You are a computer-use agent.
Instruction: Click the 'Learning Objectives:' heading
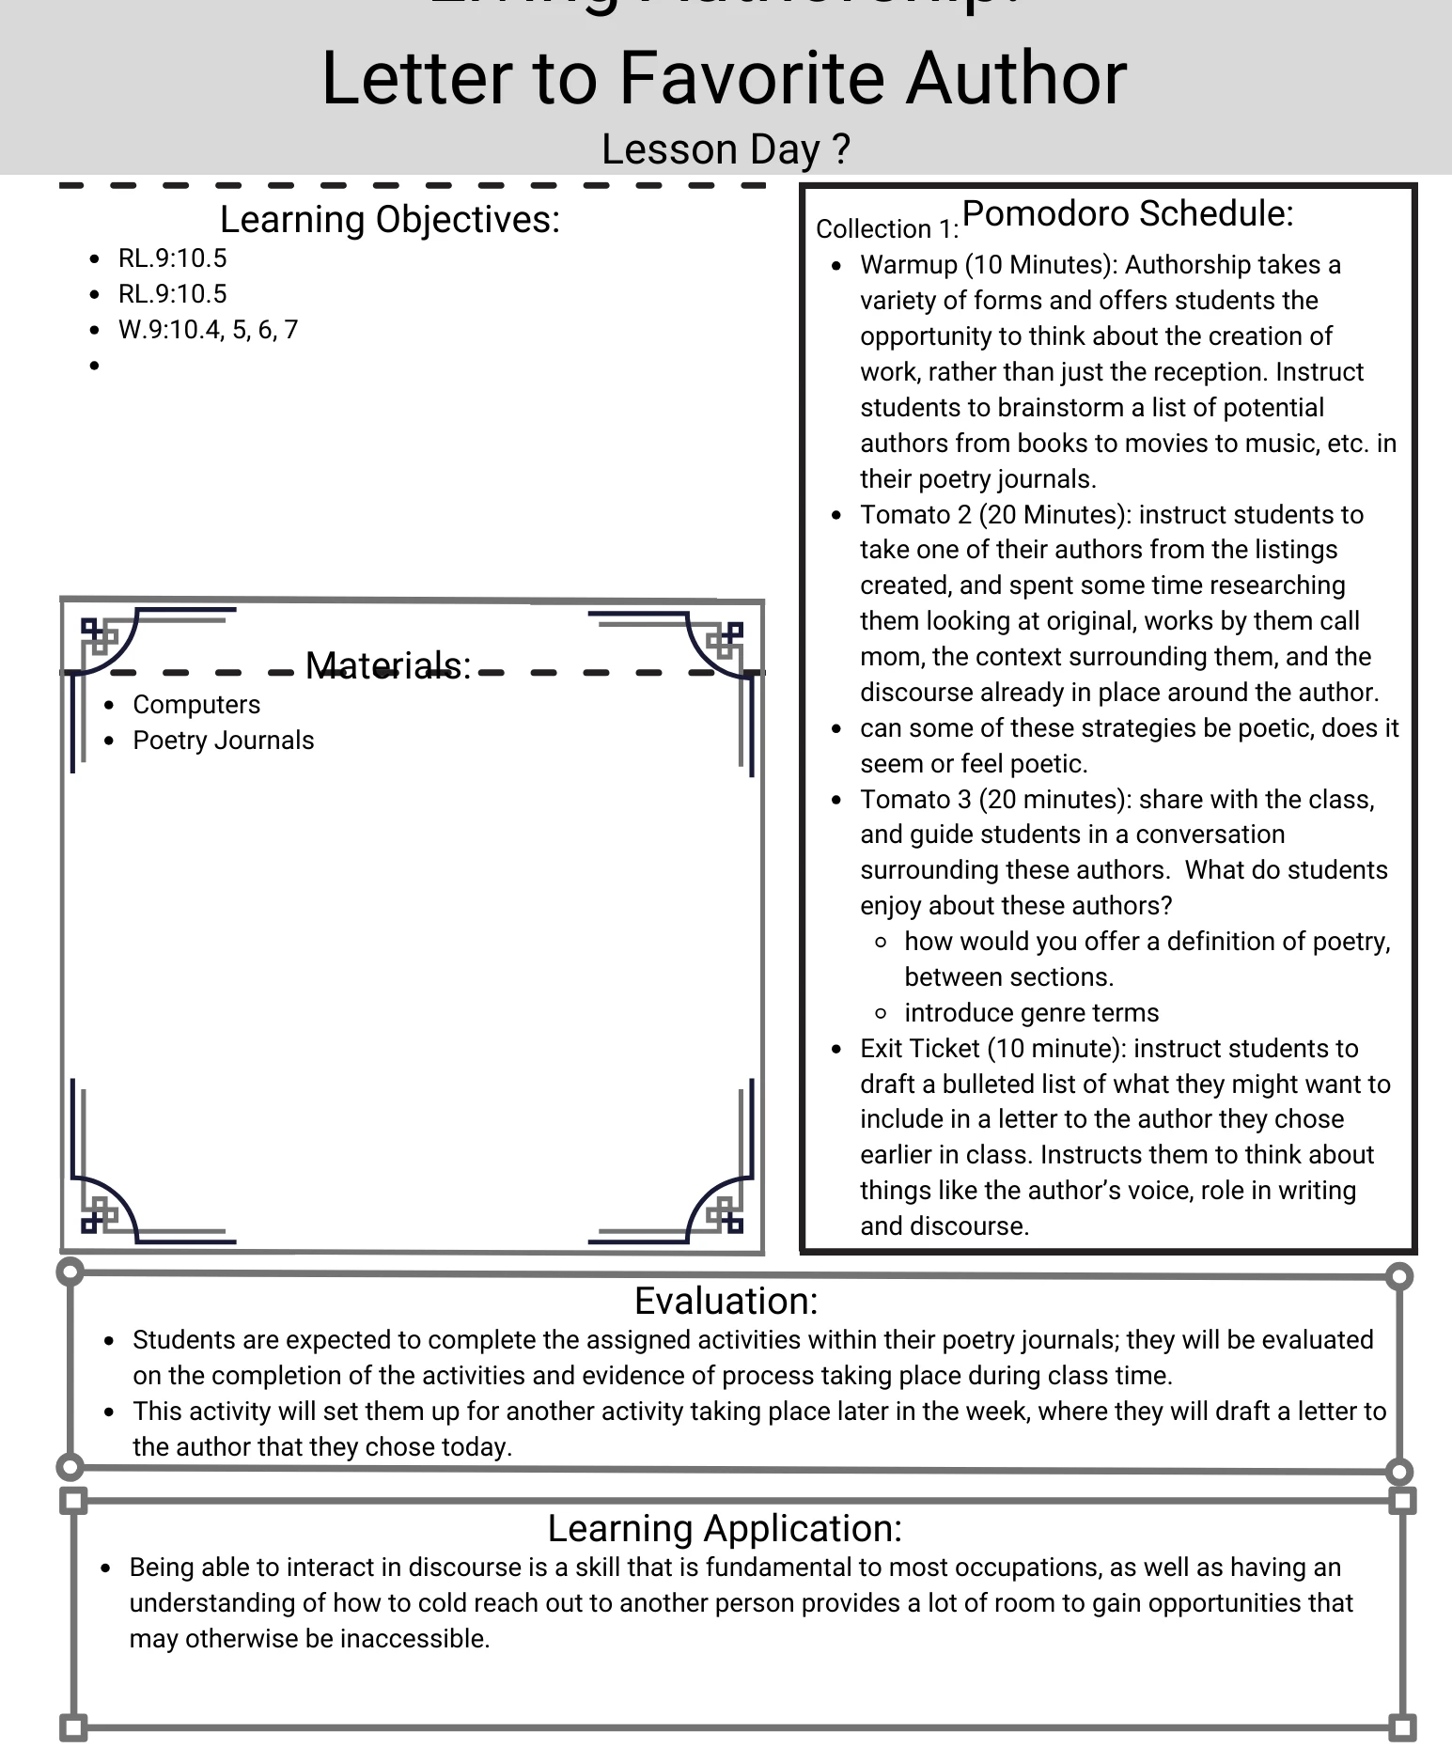[x=389, y=219]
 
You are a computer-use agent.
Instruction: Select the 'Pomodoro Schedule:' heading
[x=1127, y=213]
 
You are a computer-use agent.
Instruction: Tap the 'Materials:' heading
[x=387, y=665]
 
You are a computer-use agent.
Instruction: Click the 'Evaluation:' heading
[x=726, y=1301]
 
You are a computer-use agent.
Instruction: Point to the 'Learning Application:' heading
[x=725, y=1528]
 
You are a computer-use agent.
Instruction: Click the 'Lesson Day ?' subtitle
[x=726, y=149]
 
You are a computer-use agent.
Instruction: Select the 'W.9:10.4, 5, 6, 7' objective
[x=208, y=330]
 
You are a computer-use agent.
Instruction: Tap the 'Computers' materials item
[x=196, y=705]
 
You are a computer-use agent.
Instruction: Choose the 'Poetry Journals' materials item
[x=223, y=741]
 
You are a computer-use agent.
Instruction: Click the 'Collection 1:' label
[x=886, y=229]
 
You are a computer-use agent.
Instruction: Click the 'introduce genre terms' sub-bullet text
[x=1031, y=1013]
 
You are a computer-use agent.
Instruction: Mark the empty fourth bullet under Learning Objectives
[x=94, y=366]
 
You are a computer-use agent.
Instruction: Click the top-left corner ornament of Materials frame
[x=105, y=639]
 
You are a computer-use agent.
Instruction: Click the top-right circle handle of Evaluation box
[x=1399, y=1276]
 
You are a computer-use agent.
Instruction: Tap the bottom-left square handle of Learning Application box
[x=73, y=1727]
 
